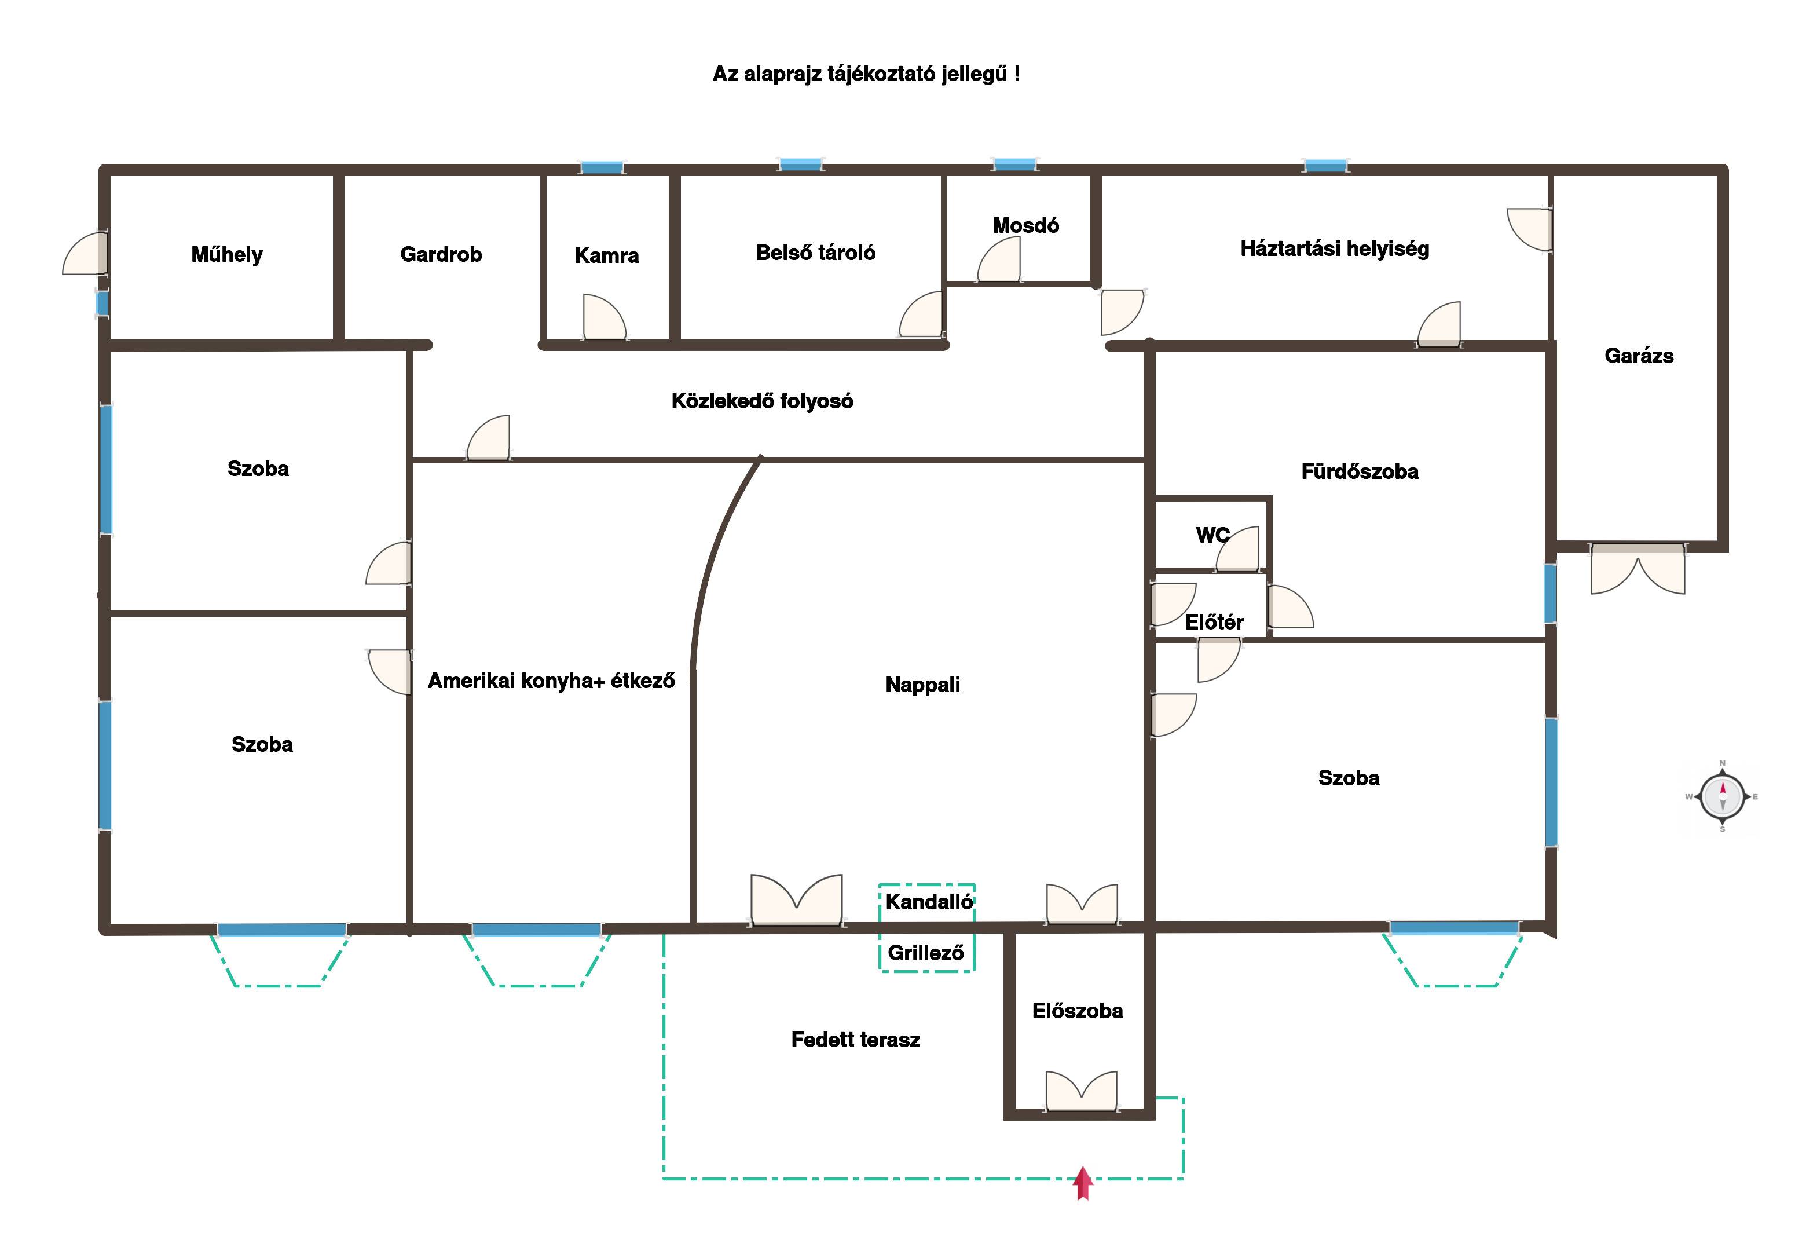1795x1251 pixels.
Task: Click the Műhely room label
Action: click(227, 255)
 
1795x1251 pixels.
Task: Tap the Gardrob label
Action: click(441, 254)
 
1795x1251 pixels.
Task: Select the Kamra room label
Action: click(607, 255)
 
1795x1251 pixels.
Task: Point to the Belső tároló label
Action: click(815, 253)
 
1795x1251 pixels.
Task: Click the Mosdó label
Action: click(1025, 225)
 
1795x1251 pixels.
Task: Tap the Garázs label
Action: click(1639, 356)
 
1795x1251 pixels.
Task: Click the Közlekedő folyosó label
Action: click(762, 401)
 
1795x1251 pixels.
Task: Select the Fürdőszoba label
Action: click(1360, 471)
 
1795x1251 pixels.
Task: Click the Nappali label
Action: click(922, 685)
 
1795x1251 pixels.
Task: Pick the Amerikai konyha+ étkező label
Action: click(551, 681)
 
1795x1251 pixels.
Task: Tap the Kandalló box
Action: click(927, 902)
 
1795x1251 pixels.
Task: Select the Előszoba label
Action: click(1078, 1011)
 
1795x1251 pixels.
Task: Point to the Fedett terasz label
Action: click(855, 1040)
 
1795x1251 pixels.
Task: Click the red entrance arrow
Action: click(1083, 1183)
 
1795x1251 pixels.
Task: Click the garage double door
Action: click(1638, 569)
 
